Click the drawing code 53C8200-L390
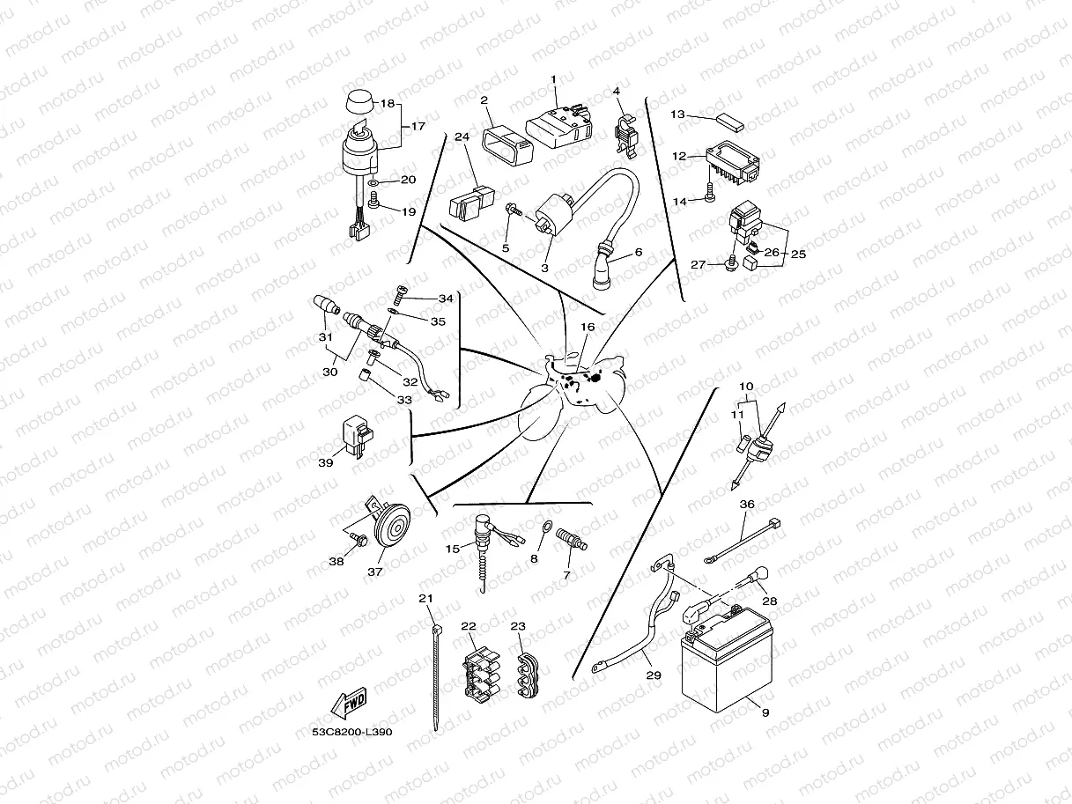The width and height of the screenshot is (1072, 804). pos(351,732)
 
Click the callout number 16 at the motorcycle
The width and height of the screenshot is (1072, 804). pos(588,327)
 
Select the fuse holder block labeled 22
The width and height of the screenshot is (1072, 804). pos(479,673)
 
